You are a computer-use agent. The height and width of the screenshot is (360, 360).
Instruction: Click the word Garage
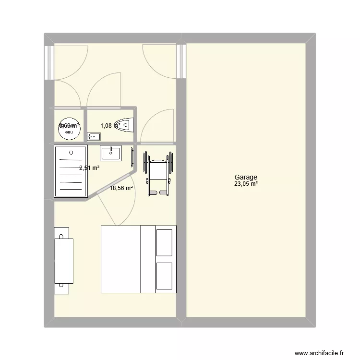[x=246, y=177]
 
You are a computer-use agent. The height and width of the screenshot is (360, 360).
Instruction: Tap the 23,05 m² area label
[x=246, y=183]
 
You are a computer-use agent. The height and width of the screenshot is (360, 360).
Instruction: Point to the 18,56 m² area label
[x=121, y=189]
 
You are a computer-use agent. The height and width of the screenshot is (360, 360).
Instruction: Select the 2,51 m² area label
[x=89, y=168]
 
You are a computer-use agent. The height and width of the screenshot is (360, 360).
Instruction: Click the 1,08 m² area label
[x=109, y=126]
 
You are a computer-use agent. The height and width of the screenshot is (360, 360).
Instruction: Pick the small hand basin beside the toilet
[x=94, y=137]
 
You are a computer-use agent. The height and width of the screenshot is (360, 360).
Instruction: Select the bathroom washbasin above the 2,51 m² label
[x=111, y=153]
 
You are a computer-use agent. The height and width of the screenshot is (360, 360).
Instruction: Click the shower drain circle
[x=71, y=153]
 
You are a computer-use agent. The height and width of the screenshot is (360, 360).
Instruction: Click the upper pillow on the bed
[x=164, y=243]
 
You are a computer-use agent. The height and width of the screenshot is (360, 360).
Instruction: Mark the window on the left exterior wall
[x=48, y=62]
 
